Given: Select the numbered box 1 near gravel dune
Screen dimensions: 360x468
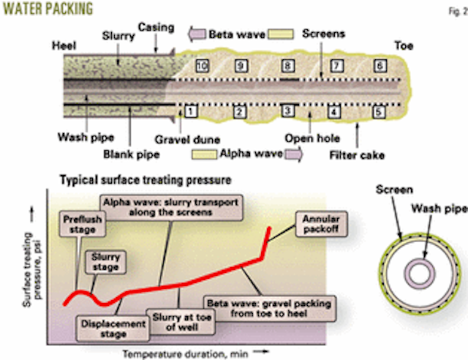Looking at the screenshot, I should (x=189, y=112).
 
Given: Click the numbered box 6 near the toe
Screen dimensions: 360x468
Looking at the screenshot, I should (x=380, y=66).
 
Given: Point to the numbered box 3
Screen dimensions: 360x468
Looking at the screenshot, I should (x=288, y=112).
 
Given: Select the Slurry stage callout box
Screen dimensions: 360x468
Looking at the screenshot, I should (x=104, y=262).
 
